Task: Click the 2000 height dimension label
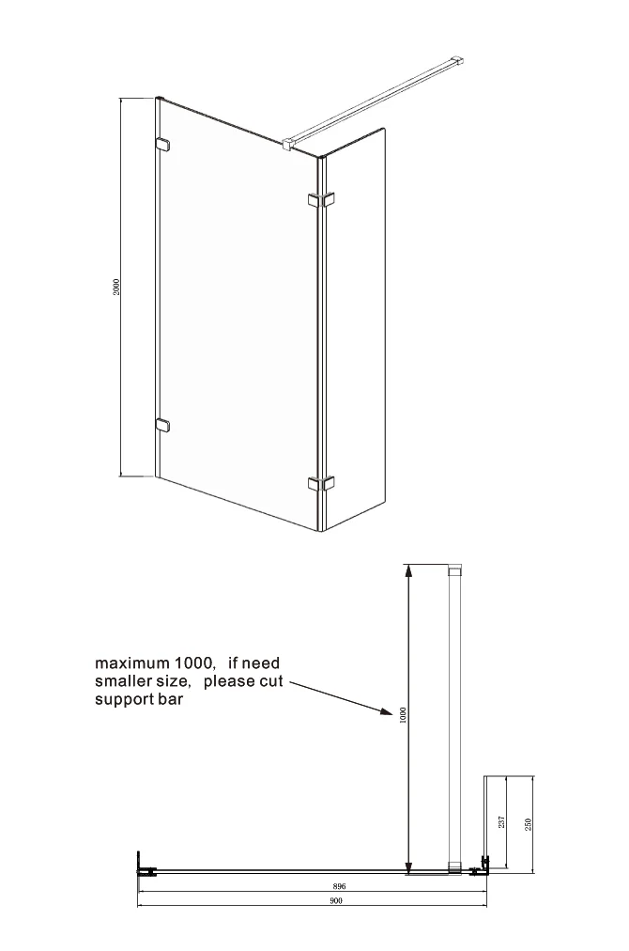tap(116, 287)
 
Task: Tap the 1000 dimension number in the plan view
tap(405, 715)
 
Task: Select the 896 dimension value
tap(339, 886)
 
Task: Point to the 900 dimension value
tap(336, 900)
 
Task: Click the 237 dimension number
tap(501, 822)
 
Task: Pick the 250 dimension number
tap(528, 824)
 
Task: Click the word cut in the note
tap(271, 681)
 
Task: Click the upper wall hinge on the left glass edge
tap(162, 144)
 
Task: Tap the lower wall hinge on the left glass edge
tap(162, 425)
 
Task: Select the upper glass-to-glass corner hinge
tap(321, 199)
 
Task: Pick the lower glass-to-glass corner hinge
tap(321, 483)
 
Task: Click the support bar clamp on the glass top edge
tap(288, 143)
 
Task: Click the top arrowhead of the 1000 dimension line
tap(409, 569)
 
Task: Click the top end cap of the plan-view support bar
tap(454, 570)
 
